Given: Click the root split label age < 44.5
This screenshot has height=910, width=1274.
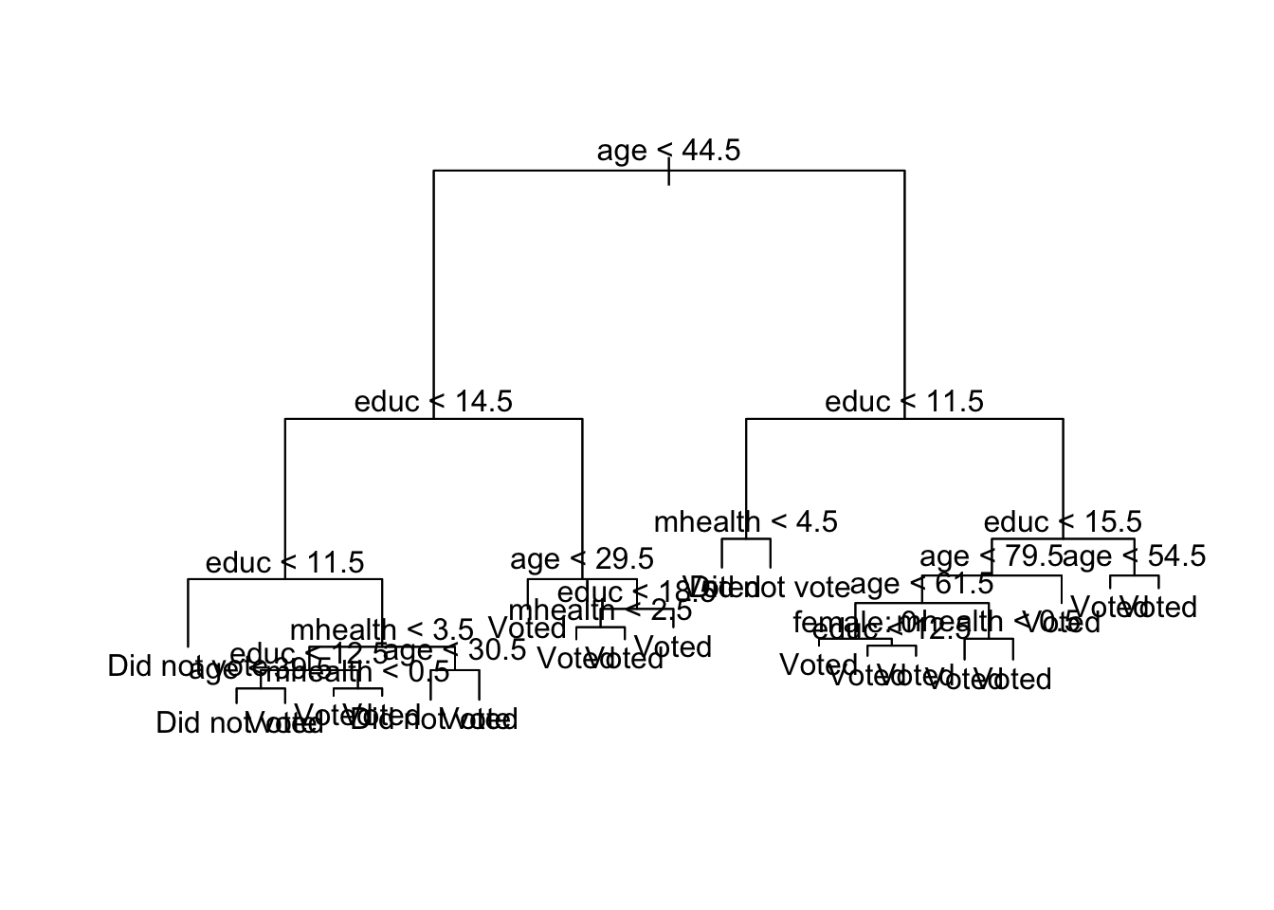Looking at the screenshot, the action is [x=668, y=150].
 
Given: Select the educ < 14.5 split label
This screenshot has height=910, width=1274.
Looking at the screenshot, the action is [x=433, y=402].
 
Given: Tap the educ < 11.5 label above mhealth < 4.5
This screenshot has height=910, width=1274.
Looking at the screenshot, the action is [x=904, y=402].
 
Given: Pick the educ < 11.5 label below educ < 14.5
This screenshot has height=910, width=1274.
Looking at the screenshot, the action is [x=284, y=563].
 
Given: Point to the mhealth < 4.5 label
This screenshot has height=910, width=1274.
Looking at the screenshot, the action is [x=746, y=522].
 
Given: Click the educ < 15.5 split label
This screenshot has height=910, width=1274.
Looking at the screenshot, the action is [x=1063, y=522].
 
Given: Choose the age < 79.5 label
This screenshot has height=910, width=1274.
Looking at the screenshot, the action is [x=991, y=556].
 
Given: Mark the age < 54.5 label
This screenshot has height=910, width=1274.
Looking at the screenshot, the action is [x=1135, y=556].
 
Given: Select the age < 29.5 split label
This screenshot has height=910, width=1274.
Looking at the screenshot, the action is [x=582, y=559].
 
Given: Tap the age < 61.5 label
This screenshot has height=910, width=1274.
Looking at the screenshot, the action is [x=921, y=584].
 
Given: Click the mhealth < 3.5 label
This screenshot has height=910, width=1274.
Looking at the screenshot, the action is [x=381, y=629].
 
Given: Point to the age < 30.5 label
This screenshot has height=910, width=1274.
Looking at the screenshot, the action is [x=456, y=650].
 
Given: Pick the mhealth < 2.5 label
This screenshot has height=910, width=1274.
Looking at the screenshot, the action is [x=600, y=611].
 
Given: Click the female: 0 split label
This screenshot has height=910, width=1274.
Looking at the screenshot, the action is [x=844, y=623].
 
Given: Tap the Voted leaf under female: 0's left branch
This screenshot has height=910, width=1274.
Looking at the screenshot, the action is [x=811, y=665].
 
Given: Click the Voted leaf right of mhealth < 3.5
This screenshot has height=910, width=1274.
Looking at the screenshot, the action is [x=527, y=628].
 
